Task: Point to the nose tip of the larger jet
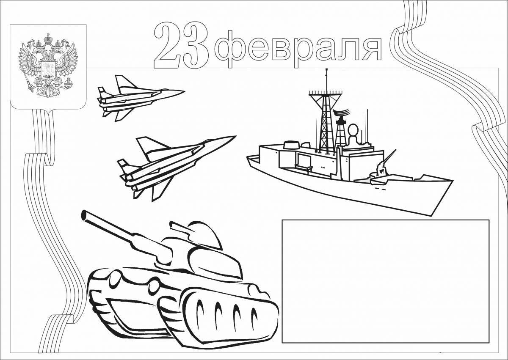pos(235,136)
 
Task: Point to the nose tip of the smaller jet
pos(185,91)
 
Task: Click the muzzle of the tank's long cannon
pos(85,215)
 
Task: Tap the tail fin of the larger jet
pos(146,145)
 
